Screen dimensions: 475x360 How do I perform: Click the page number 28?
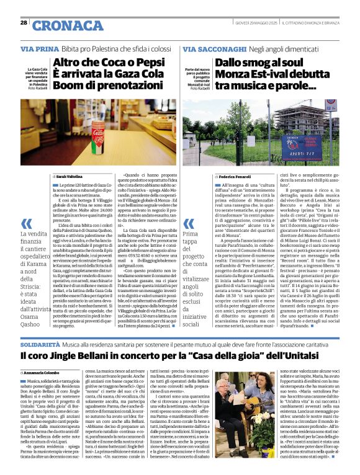[24, 23]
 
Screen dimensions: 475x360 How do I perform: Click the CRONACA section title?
[60, 25]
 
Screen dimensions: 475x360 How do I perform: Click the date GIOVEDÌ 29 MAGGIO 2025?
[253, 23]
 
